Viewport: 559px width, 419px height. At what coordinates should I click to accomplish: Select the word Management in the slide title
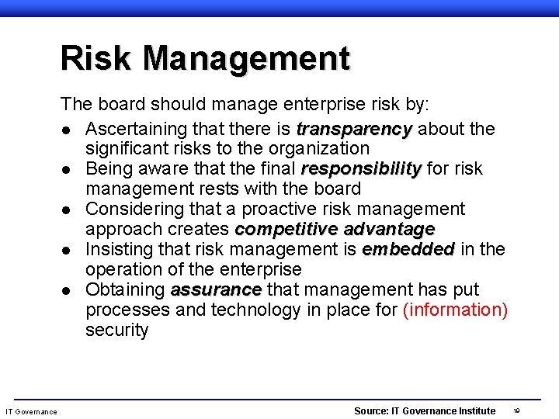click(x=246, y=59)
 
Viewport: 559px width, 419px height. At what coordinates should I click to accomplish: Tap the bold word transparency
click(x=353, y=128)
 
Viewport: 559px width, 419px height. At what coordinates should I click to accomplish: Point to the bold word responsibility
click(x=361, y=168)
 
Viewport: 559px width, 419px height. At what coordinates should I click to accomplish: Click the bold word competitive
click(x=286, y=229)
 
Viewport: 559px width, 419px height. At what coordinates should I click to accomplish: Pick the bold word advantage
click(x=389, y=229)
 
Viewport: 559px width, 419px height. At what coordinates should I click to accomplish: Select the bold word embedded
click(x=408, y=249)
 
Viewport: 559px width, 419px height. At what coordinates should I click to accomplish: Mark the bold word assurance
click(x=216, y=289)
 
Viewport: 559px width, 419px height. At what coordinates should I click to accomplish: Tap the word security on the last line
click(x=116, y=330)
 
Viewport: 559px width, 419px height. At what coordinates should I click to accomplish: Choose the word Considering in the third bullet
click(x=137, y=209)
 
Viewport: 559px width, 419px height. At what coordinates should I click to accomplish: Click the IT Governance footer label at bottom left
click(x=31, y=411)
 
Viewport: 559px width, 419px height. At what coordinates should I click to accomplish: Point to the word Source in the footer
click(x=370, y=410)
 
